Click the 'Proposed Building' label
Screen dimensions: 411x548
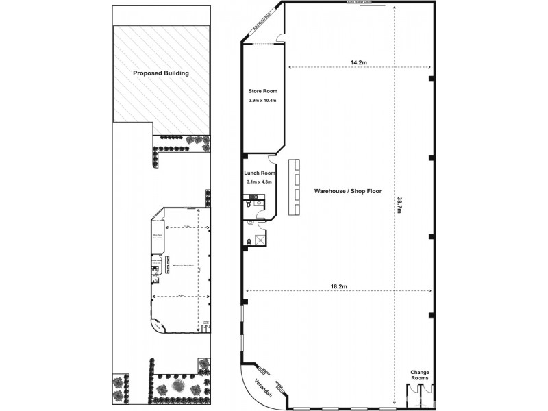click(160, 73)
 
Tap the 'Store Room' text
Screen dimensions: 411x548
click(262, 91)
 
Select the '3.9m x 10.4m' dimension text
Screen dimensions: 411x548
click(262, 101)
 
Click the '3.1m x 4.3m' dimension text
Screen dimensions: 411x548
click(260, 182)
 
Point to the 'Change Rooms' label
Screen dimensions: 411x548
click(419, 374)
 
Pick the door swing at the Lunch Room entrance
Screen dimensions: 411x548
click(273, 164)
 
